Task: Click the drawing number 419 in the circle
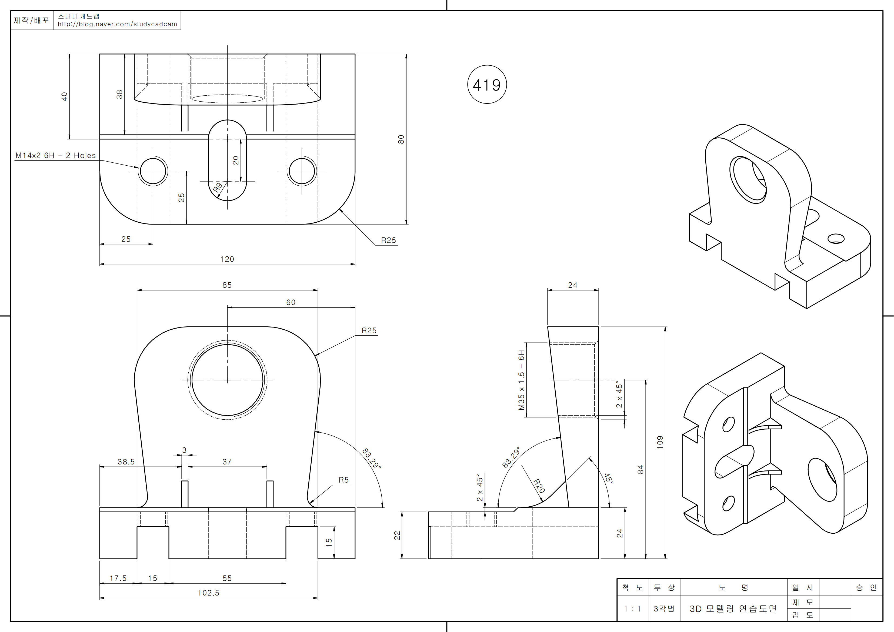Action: pos(487,85)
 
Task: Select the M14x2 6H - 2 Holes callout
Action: pos(55,155)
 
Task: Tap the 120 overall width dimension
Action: pos(227,259)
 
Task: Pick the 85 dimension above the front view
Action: pos(227,285)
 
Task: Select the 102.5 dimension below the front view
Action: pos(208,593)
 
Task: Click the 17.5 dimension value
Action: pos(118,578)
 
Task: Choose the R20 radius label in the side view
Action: pos(539,486)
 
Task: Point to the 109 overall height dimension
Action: pos(660,442)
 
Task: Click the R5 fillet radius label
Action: pos(343,480)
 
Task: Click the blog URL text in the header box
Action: pos(117,24)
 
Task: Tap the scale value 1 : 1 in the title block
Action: pos(632,609)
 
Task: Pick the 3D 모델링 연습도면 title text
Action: pos(733,609)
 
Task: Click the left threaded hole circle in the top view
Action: pos(153,171)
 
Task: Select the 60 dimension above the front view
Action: pos(291,302)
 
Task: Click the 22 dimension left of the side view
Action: pos(397,536)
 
